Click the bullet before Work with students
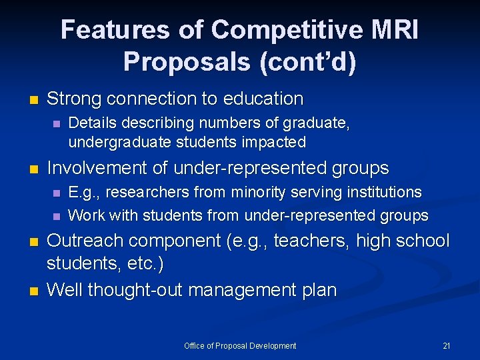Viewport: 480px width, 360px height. [x=56, y=216]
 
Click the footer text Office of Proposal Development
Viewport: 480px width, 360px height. [x=240, y=346]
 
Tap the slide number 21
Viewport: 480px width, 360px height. [x=447, y=346]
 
